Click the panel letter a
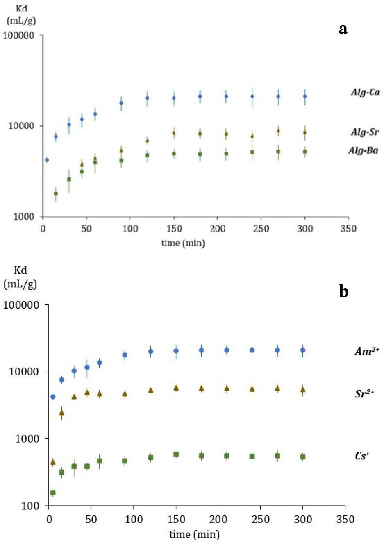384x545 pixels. (343, 29)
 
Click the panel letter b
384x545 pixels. (343, 291)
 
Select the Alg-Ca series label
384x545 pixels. (365, 92)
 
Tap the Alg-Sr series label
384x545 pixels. (365, 132)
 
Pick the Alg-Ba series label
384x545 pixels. (363, 151)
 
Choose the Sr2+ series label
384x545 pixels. (364, 394)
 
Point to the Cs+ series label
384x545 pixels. (362, 456)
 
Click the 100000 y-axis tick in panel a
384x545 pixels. (18, 35)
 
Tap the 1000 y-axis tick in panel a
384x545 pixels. (23, 217)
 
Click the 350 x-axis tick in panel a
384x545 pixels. (348, 229)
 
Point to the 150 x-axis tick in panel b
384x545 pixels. (176, 520)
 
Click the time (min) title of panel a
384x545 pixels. (183, 243)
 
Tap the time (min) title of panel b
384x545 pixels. (194, 534)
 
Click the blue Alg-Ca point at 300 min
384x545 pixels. (304, 97)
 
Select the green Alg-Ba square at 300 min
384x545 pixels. (304, 152)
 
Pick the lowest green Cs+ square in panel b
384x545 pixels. (52, 493)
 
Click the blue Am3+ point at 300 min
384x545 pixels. (303, 350)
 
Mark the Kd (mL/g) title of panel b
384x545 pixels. (20, 277)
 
